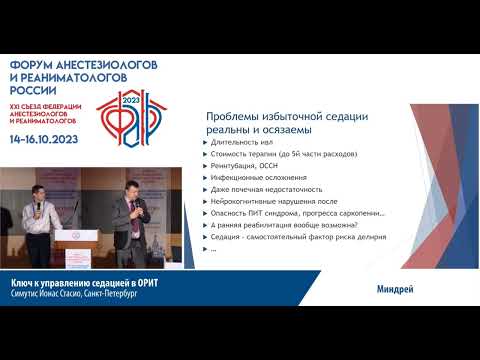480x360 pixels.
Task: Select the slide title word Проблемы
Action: click(233, 116)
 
